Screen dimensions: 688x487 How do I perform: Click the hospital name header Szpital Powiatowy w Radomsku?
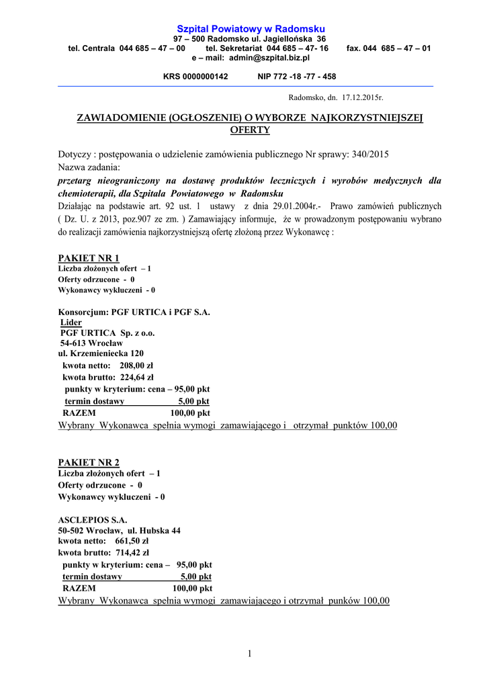coord(250,29)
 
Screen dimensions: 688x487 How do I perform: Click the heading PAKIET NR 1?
coord(89,258)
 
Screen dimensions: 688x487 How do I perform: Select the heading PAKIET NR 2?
coord(89,462)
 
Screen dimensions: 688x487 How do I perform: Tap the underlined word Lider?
coord(71,322)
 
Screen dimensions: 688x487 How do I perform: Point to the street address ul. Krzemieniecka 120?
coord(101,353)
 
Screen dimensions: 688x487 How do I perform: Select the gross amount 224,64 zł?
coord(137,378)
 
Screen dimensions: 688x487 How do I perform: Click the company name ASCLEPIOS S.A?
coord(93,519)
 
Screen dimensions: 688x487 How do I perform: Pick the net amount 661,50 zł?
coord(132,541)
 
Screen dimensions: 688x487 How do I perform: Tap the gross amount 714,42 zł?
coord(132,553)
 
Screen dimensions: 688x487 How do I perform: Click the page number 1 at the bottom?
coord(249,654)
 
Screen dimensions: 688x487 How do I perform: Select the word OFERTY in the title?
coord(250,130)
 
